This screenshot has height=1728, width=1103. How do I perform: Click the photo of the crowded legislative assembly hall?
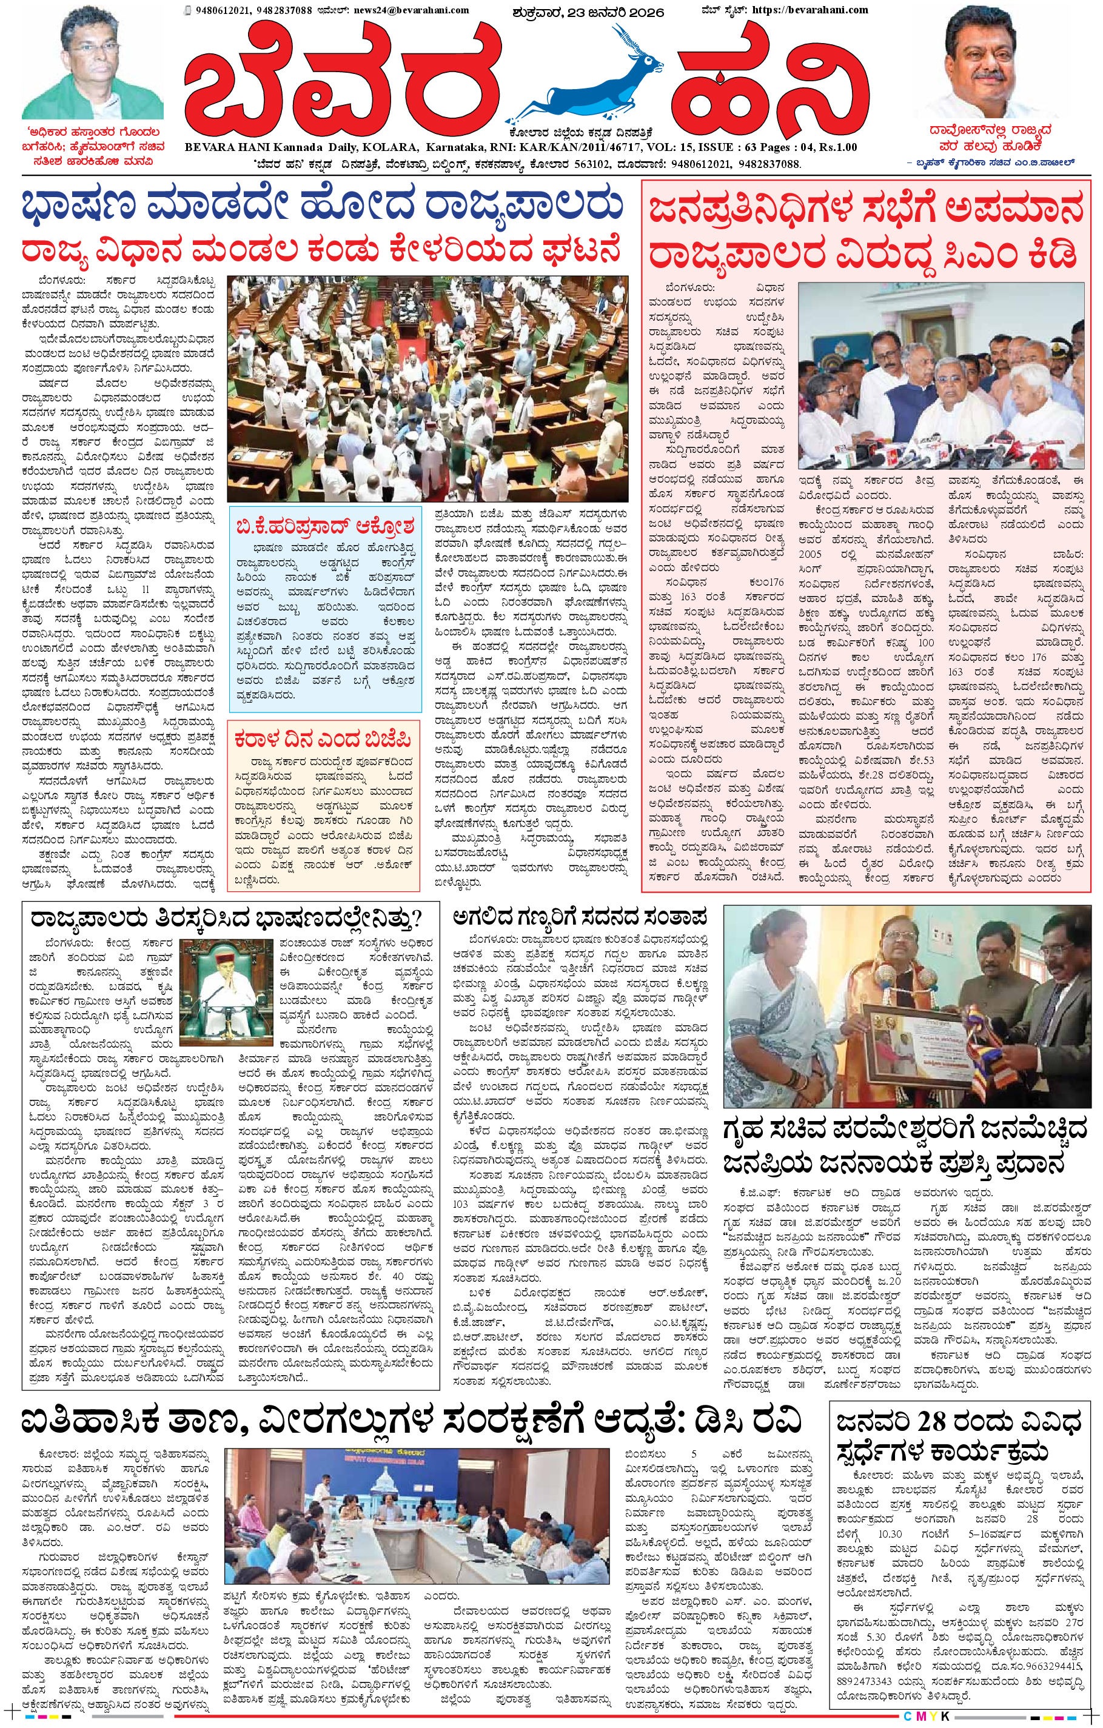coord(427,388)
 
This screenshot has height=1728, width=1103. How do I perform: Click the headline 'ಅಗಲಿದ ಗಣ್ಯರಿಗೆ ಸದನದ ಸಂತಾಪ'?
coord(580,917)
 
